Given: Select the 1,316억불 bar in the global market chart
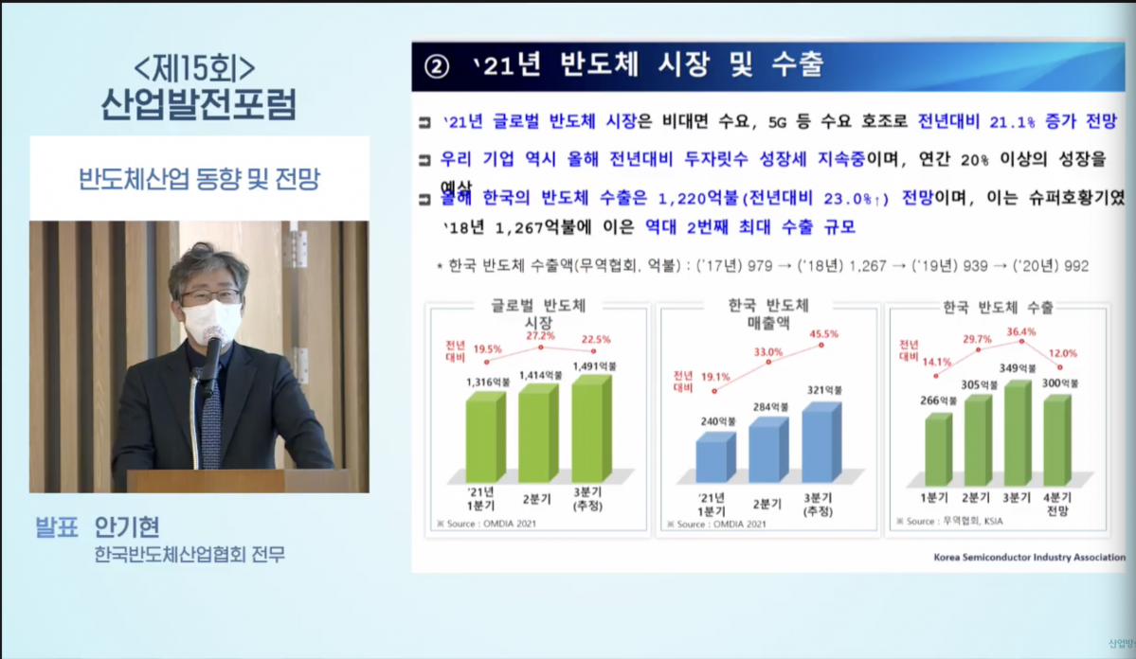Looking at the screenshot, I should point(485,437).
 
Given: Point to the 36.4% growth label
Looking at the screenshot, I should point(1021,331).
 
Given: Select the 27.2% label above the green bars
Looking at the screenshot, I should point(540,336).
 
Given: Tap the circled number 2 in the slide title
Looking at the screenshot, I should point(437,67).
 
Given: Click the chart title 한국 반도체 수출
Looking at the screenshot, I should point(999,308).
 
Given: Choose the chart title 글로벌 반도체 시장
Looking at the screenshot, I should point(538,314).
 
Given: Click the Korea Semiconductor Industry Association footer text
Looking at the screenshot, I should point(1028,558).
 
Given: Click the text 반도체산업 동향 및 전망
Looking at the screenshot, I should point(198,179).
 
